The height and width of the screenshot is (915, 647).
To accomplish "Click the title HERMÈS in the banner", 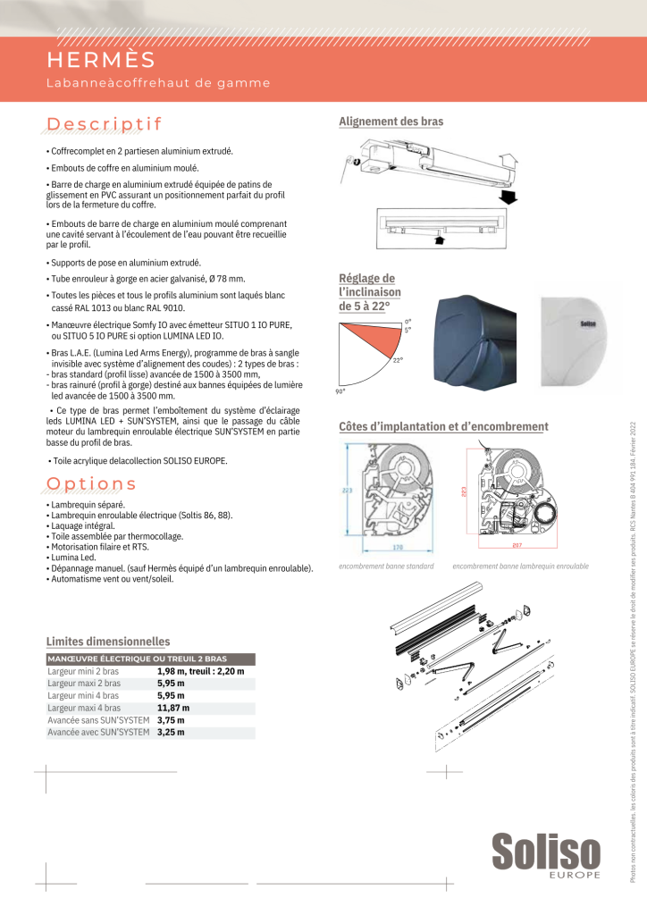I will (x=101, y=60).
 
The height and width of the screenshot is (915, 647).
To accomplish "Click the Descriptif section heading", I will (x=104, y=122).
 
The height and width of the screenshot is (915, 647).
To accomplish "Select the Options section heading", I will (x=91, y=483).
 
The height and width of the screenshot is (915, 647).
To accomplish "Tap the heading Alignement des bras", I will (x=391, y=122).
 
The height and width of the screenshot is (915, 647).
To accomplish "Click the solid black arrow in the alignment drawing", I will (x=507, y=196).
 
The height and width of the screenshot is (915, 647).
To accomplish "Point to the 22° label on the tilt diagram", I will (x=397, y=359).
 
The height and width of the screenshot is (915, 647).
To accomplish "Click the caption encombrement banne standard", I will (x=386, y=567).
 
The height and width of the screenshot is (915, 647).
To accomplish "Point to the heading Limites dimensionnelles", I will (x=107, y=642).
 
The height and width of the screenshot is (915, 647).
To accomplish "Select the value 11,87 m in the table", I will (x=173, y=708).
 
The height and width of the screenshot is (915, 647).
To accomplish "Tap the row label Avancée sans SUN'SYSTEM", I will (x=98, y=720).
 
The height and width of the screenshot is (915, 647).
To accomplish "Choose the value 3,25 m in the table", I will (x=171, y=733).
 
